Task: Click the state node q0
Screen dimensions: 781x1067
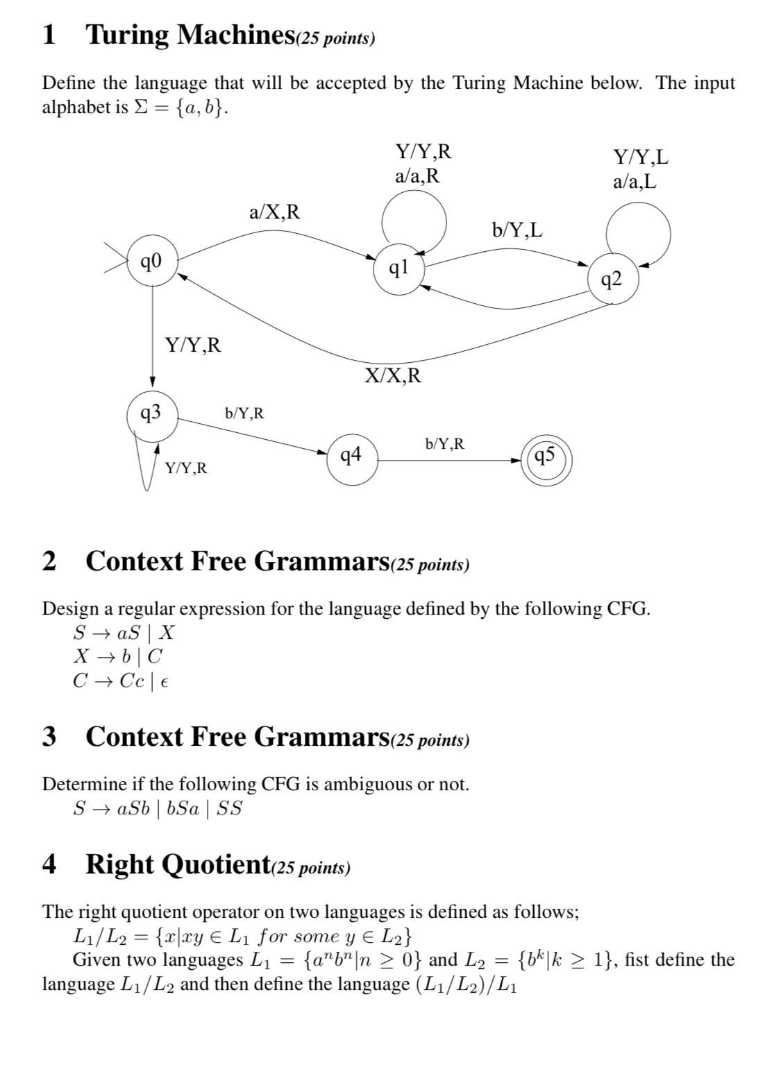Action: [x=152, y=262]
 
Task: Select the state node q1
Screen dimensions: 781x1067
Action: [x=399, y=267]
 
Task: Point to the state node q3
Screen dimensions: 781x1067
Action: [x=152, y=414]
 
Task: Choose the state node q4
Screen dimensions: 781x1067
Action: [x=352, y=456]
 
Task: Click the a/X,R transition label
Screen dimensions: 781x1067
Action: [x=275, y=212]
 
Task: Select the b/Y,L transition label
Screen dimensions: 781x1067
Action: [x=517, y=230]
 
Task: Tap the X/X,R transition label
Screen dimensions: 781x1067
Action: [x=393, y=376]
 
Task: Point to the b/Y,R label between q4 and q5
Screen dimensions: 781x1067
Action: [x=444, y=443]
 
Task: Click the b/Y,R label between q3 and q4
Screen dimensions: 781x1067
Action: [x=244, y=413]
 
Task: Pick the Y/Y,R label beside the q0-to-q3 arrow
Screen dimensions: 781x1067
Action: [x=193, y=345]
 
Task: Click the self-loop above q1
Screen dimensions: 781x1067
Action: [x=414, y=218]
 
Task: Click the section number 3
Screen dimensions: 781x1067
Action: [x=49, y=736]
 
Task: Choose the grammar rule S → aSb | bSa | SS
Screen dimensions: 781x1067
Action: [x=158, y=809]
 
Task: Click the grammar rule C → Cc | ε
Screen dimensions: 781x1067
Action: [x=121, y=681]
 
